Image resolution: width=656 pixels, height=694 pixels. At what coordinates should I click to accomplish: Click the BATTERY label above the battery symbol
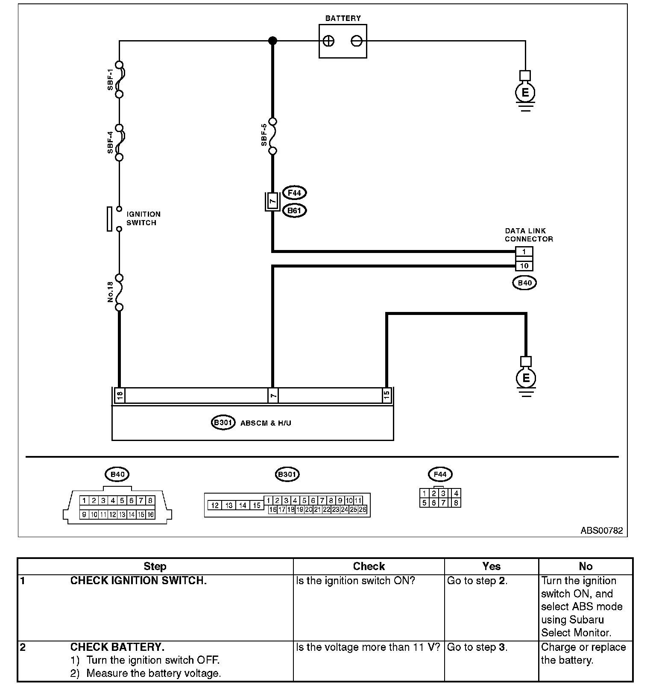coord(343,18)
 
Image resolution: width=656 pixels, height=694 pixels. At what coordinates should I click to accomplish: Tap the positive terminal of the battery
coord(328,41)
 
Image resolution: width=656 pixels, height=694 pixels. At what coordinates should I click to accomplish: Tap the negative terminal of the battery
coord(356,41)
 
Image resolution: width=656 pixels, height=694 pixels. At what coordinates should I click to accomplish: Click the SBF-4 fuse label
coord(111,142)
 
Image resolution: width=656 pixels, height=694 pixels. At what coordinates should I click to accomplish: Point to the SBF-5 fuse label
coord(264,135)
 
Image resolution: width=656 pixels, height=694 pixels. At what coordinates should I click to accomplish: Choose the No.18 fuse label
coord(111,292)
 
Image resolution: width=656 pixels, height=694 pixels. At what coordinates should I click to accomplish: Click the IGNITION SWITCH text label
coord(143,218)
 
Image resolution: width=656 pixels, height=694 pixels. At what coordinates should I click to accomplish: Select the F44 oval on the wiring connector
coord(295,193)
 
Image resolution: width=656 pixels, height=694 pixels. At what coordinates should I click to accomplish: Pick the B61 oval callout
coord(295,211)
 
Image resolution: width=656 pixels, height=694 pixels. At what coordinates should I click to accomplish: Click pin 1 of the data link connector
coord(524,252)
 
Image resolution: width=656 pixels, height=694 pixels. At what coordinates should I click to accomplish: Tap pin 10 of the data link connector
coord(524,266)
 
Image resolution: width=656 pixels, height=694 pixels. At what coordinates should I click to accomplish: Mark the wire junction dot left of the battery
coord(272,41)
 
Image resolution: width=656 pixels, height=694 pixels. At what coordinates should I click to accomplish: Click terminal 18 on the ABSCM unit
coord(120,396)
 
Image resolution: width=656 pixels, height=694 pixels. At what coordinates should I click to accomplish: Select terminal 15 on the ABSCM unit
coord(387,396)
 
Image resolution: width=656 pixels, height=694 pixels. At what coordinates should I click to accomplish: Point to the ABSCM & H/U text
coord(266,423)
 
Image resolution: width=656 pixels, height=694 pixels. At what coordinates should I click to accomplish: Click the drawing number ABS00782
coord(601,531)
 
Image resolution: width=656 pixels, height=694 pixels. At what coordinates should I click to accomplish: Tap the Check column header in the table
coord(369,567)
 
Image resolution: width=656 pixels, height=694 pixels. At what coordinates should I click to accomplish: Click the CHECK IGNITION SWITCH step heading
coord(138,581)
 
